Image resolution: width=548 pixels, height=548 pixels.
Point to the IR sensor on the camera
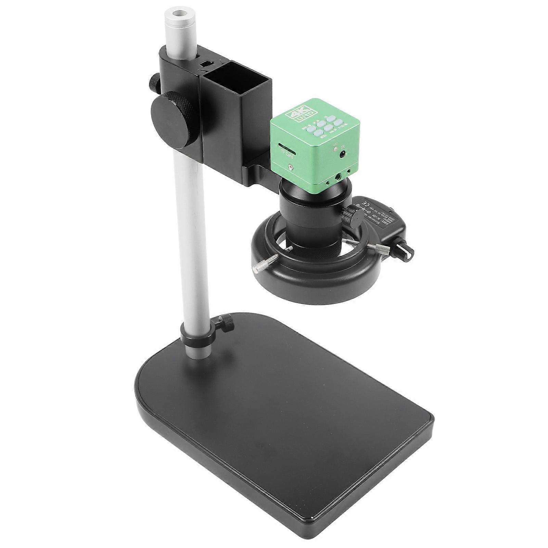[x=342, y=155]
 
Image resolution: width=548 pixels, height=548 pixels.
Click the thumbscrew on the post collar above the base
[x=225, y=323]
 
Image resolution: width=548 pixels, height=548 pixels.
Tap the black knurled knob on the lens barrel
[x=349, y=215]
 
